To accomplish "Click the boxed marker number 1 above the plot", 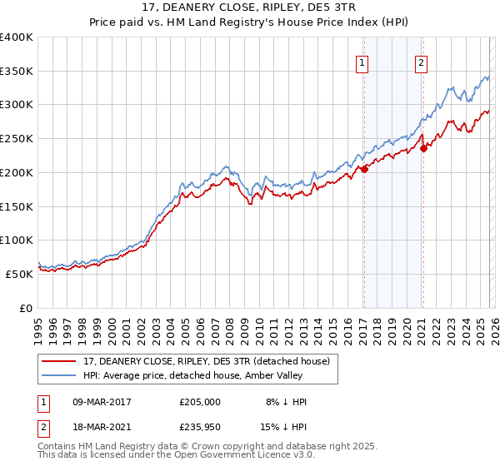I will pyautogui.click(x=363, y=62).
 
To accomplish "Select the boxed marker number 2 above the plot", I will pyautogui.click(x=422, y=62).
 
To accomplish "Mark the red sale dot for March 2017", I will pyautogui.click(x=364, y=169).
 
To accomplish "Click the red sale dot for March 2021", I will pyautogui.click(x=423, y=148).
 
